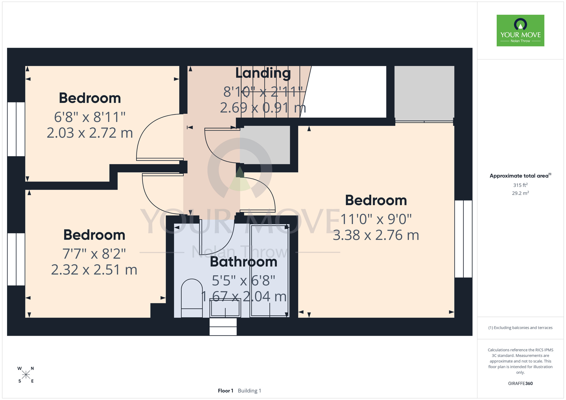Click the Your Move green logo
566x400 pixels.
(520, 31)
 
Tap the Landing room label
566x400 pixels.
(263, 73)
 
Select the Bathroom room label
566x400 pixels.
(244, 262)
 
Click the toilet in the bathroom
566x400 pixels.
(192, 298)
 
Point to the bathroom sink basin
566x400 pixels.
(225, 308)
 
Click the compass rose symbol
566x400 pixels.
(26, 375)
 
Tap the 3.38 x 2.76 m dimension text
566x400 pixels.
(376, 235)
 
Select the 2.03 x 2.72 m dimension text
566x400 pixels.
(90, 133)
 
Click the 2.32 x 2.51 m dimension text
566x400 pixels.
(94, 270)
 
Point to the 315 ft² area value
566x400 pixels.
(520, 185)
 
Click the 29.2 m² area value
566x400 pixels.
(520, 193)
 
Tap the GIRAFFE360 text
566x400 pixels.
(520, 384)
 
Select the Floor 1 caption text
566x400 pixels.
(226, 391)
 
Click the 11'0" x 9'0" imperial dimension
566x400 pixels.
(376, 219)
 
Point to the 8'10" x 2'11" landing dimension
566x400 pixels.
(263, 92)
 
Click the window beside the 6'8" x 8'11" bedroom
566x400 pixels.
(16, 129)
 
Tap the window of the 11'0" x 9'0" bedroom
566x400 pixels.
(463, 239)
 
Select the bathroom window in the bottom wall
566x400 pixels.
(223, 327)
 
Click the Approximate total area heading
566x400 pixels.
(520, 176)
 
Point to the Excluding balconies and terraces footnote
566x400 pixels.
(520, 328)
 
